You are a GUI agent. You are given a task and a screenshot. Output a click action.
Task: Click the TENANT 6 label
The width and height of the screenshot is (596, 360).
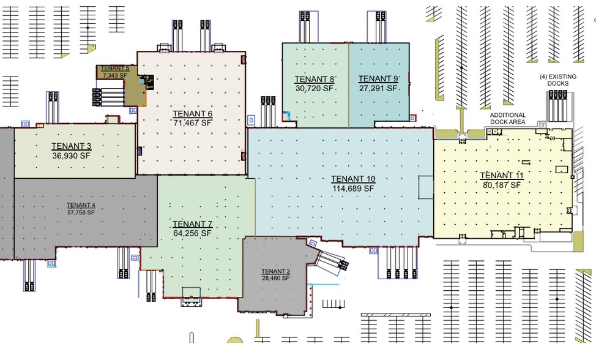coord(192,114)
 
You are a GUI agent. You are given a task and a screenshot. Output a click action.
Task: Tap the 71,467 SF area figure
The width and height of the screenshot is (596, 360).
coord(192,123)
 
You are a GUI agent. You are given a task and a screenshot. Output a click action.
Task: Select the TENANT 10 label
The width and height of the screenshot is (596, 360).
coord(353,179)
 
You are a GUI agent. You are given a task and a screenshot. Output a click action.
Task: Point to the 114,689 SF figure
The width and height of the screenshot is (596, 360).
coord(353,188)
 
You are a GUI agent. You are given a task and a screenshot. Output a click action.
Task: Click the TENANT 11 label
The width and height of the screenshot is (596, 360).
coord(502,175)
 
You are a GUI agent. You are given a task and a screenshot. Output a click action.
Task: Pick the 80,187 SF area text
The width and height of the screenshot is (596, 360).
coord(502,185)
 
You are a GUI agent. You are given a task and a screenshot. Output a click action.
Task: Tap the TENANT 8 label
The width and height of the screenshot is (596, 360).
coord(315,79)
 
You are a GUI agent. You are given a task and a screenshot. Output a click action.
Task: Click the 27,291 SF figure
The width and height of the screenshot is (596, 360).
coord(378,89)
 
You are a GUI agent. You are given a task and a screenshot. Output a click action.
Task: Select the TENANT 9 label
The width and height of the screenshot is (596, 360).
coord(378,79)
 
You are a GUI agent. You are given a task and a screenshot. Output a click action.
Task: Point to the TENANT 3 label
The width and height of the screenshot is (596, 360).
coord(71,146)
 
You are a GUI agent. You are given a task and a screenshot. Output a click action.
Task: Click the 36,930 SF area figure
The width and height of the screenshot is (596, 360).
coord(71,156)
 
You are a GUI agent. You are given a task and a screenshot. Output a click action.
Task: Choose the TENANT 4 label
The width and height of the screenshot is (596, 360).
coord(81,205)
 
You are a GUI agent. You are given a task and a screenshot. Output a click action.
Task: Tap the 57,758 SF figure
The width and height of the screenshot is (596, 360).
coord(81,212)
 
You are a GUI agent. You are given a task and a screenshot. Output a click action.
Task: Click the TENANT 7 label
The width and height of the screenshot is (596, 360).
coord(192,224)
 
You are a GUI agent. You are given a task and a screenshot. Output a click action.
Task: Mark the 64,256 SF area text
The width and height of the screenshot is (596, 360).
coord(192,233)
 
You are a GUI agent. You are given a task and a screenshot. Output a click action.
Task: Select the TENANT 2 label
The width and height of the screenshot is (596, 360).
coord(276,271)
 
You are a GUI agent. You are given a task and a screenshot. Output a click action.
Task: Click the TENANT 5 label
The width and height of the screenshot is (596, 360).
coord(115,69)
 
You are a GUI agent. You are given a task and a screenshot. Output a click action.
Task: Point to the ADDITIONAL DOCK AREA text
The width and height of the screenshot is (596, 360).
coord(508,118)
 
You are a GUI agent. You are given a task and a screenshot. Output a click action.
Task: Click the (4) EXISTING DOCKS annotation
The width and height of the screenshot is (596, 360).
coord(558,80)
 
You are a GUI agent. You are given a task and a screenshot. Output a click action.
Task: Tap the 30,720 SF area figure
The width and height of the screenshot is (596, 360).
coord(315,89)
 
